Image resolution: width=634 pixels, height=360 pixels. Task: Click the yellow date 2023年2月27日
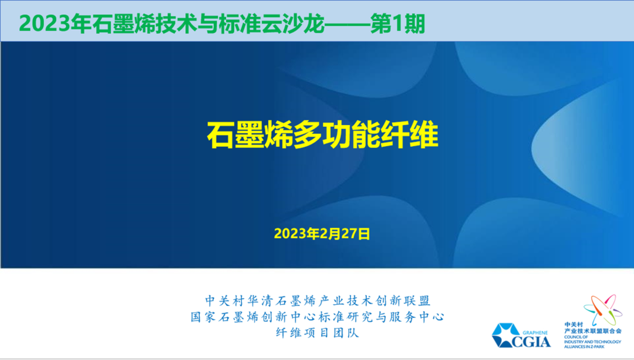click(322, 234)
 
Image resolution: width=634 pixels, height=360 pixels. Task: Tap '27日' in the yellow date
click(356, 234)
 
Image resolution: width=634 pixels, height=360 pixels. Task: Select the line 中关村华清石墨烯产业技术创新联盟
click(318, 301)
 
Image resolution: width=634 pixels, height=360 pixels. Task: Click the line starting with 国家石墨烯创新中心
click(318, 317)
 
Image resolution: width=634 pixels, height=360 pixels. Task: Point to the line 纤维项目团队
click(318, 333)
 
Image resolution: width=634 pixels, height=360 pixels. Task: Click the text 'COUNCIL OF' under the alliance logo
click(574, 337)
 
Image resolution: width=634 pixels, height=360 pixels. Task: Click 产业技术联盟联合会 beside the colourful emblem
click(592, 331)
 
